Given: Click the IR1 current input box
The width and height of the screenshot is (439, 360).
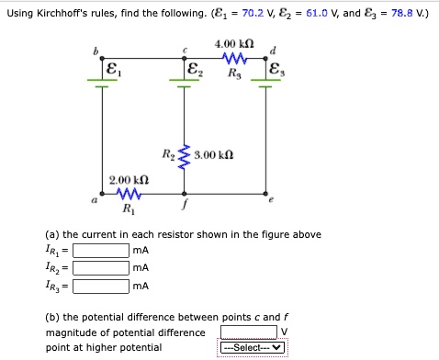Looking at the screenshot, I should [101, 250].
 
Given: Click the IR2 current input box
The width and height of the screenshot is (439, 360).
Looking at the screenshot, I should [101, 268].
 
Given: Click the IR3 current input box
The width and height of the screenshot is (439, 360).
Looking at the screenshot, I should [101, 286].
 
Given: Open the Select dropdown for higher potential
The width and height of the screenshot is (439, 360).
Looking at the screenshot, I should [253, 348].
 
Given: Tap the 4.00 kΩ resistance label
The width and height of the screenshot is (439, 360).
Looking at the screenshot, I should [228, 44].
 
